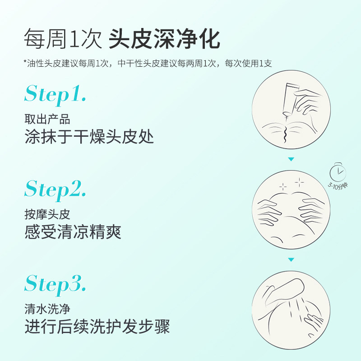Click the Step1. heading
point(55,94)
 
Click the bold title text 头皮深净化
point(164,39)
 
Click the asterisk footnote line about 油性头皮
point(148,64)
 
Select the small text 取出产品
point(47,120)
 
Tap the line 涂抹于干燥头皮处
point(89,137)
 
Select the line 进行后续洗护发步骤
point(97,326)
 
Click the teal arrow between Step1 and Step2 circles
point(291,159)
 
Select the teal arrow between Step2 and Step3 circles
point(291,259)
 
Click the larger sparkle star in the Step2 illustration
point(299,182)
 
